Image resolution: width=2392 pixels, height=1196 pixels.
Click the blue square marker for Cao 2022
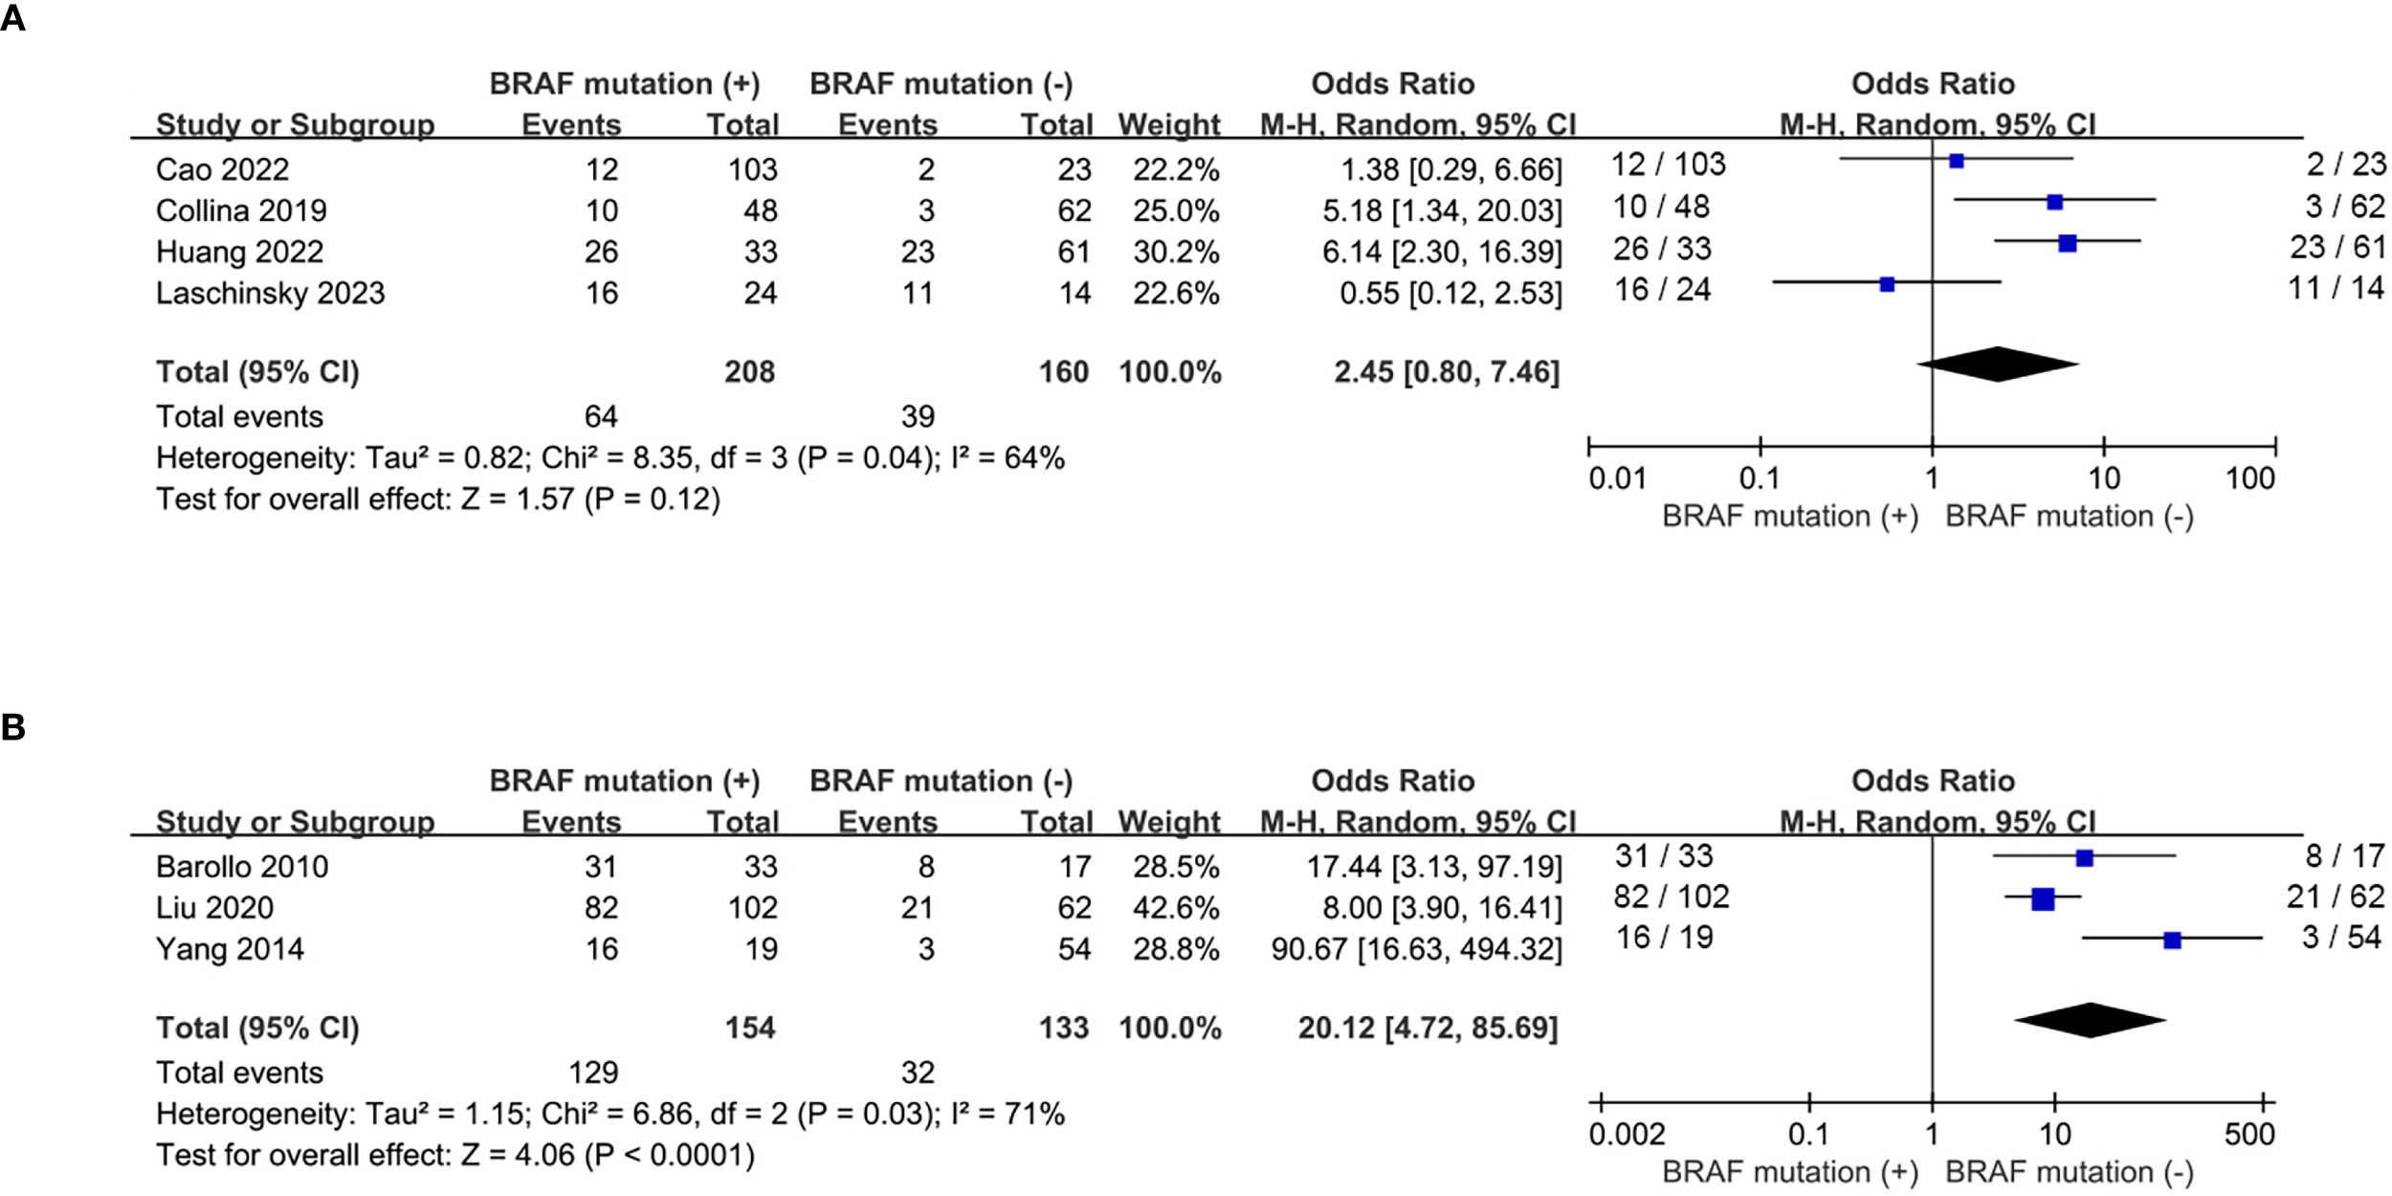pos(1956,161)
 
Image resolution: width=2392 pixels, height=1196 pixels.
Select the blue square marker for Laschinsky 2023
pos(1887,284)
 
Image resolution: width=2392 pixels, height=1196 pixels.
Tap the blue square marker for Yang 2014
pos(2172,941)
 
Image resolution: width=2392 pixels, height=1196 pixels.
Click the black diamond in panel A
pos(1998,364)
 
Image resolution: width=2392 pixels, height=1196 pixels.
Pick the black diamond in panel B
pos(2091,1020)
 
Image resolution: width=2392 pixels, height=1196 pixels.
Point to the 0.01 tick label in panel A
pos(1617,478)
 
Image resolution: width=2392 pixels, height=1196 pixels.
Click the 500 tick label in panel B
pos(2248,1135)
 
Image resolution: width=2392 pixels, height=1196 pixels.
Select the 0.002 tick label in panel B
pos(1627,1135)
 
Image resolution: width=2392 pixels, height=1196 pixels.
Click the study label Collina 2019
pos(241,210)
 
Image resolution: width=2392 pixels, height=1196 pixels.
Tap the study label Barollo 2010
pos(242,867)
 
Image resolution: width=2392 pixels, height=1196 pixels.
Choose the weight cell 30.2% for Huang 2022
pos(1176,252)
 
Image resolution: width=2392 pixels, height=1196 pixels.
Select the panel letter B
pos(12,727)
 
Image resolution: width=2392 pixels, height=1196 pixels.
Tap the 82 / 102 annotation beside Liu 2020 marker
pos(1671,897)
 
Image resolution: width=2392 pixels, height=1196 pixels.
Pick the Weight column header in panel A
pos(1168,124)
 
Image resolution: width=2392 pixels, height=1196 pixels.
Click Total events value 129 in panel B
pos(593,1073)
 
